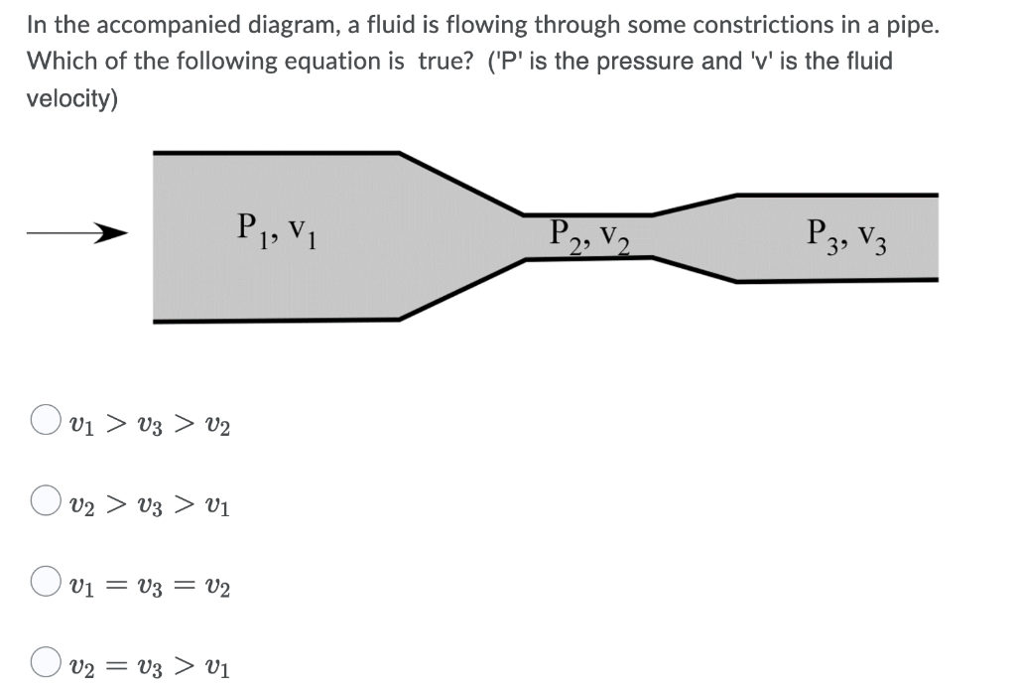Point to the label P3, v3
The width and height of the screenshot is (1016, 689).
847,236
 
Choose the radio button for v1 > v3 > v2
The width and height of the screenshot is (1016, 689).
46,421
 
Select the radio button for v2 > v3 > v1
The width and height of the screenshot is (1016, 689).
46,501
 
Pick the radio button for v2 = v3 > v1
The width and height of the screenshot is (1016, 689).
46,661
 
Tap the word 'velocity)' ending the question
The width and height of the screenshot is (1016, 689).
72,99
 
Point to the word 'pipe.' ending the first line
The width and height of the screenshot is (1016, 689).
914,25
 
